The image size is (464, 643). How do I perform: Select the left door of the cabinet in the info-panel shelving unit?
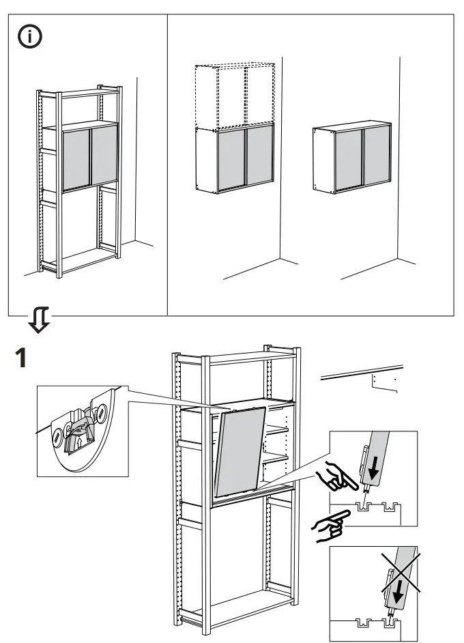[x=76, y=159]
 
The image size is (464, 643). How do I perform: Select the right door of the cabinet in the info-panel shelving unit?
[x=105, y=157]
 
